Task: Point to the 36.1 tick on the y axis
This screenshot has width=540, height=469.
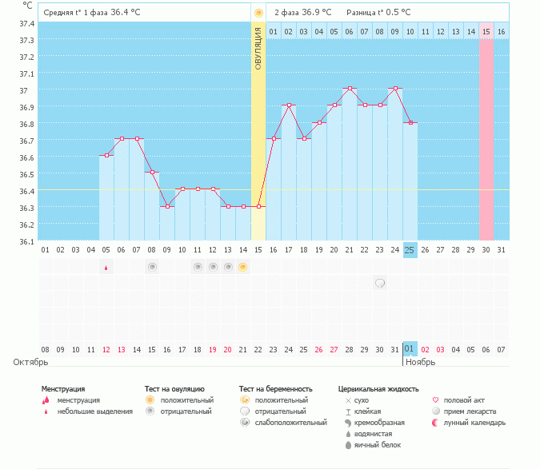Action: (x=27, y=241)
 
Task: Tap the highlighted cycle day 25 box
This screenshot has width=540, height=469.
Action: (x=410, y=250)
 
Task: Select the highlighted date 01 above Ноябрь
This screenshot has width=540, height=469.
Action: (x=410, y=349)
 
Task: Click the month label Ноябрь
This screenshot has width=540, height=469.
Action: (x=419, y=362)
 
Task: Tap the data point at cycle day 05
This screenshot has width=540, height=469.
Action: (x=106, y=155)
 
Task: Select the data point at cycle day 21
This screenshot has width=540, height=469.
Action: (x=349, y=88)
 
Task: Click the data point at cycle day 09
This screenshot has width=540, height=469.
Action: (x=167, y=206)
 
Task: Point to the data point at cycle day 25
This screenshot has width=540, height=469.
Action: (x=410, y=122)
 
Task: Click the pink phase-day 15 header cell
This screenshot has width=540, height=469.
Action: (x=486, y=32)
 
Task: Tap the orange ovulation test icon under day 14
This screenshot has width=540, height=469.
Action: (x=243, y=267)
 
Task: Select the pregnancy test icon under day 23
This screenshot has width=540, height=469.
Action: (x=380, y=282)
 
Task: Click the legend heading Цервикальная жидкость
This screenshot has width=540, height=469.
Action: (x=378, y=389)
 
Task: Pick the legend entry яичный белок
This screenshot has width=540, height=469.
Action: (x=375, y=445)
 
